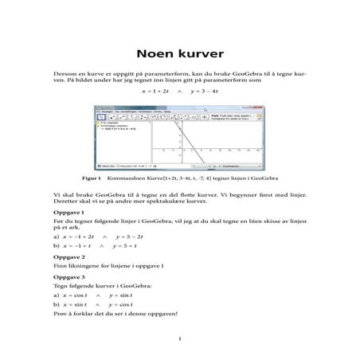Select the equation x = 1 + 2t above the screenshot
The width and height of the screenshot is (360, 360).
(x=156, y=92)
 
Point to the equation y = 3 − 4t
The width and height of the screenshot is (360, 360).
(x=205, y=92)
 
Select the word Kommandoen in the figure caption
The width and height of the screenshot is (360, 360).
(x=118, y=179)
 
